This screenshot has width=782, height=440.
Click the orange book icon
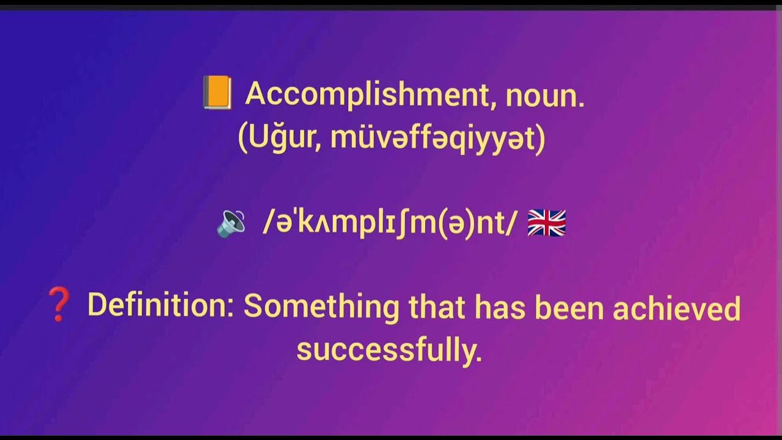pos(217,94)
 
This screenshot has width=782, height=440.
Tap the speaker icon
pos(231,224)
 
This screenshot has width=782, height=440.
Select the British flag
pos(546,223)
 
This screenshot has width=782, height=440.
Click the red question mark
pos(59,305)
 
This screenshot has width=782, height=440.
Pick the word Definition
pos(158,305)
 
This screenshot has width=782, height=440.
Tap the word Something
pos(321,306)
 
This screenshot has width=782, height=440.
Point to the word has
pos(500,307)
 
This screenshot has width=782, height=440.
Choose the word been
pos(569,309)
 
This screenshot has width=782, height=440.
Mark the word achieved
pos(676,309)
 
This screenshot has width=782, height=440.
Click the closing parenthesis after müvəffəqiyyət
pos(540,140)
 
